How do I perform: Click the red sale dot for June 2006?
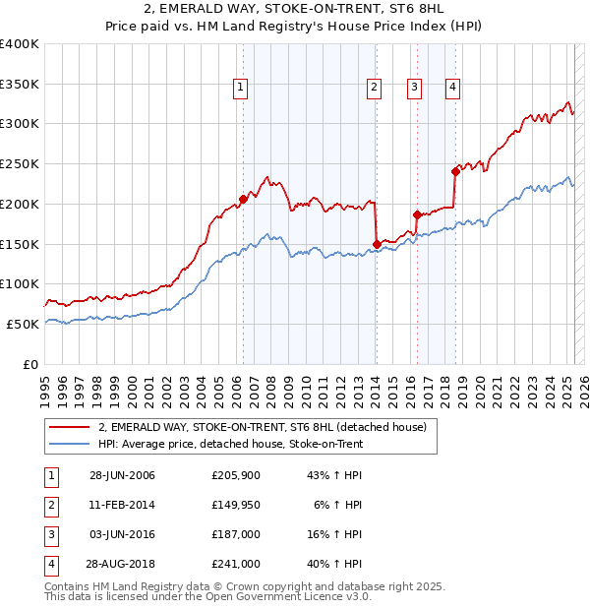tap(243, 199)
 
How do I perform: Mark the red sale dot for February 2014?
tap(377, 244)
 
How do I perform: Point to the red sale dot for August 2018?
tap(455, 170)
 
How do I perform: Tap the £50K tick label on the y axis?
tap(24, 324)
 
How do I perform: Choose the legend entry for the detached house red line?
tap(262, 428)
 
